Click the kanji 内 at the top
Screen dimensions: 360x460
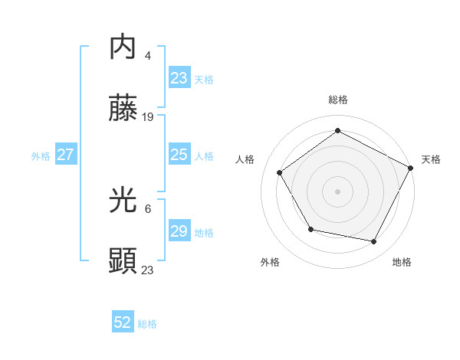123,48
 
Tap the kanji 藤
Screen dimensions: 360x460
123,111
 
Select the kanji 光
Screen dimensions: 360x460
123,200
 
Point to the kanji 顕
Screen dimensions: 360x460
123,262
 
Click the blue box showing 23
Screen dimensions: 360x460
179,78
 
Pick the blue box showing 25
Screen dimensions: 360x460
179,155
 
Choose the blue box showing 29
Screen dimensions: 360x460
179,231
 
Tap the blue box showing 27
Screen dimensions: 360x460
66,155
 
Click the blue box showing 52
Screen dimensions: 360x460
123,322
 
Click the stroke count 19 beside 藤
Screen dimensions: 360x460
149,117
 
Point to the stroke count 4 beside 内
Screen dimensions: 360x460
148,55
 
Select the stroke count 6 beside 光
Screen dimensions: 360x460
148,208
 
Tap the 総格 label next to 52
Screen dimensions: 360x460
148,324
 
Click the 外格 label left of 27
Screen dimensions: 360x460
41,155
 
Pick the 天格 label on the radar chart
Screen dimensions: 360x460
431,159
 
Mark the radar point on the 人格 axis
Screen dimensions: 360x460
280,173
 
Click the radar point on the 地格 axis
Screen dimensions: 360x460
374,242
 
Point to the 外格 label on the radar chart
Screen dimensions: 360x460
270,262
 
